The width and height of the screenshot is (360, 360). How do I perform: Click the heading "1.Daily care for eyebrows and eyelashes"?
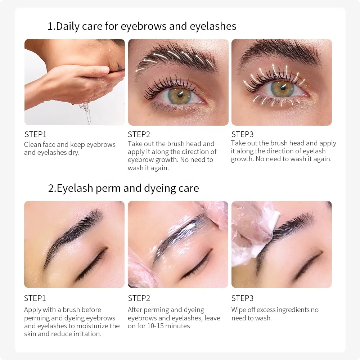coord(142,26)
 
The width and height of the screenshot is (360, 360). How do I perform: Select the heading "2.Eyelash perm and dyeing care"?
coord(123,188)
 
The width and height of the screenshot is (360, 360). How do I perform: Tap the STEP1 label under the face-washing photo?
coord(35,135)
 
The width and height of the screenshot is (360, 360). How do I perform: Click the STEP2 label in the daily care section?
coord(139,135)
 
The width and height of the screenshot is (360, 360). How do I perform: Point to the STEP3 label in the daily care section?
coord(242,135)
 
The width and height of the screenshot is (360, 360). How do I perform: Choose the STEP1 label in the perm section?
coord(35,298)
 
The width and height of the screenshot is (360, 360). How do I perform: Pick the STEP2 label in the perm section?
coord(139,298)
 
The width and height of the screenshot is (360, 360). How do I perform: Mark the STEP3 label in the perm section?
coord(242,298)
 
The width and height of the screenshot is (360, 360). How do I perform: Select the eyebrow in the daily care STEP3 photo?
coord(281,54)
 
